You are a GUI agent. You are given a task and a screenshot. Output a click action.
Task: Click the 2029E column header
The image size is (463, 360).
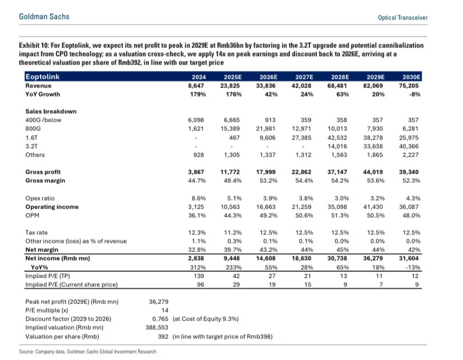[375, 77]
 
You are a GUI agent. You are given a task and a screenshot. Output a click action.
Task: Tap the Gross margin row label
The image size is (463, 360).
[46, 181]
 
